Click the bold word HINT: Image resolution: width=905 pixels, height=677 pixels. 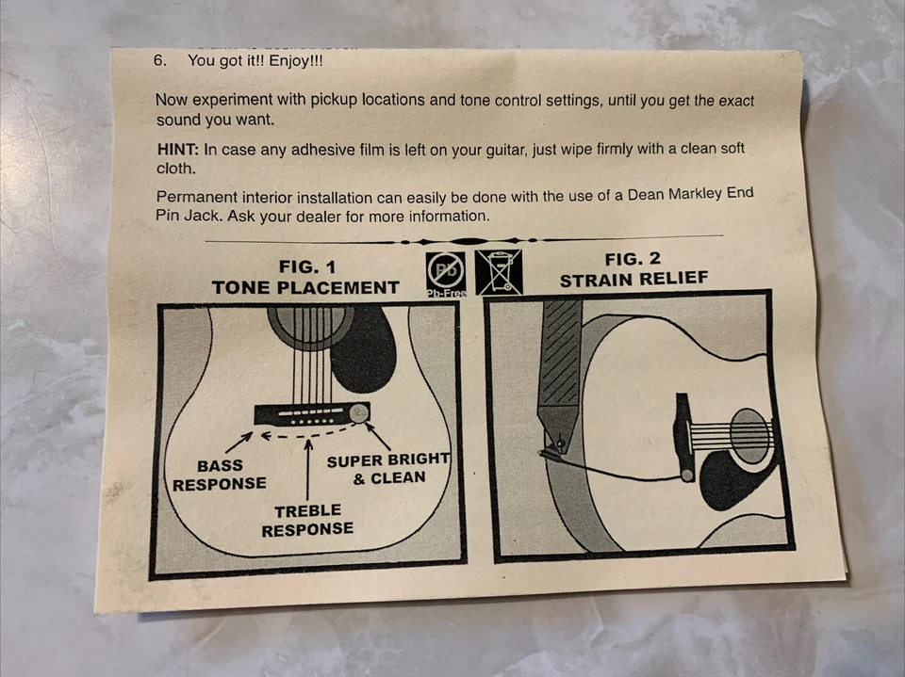(x=178, y=150)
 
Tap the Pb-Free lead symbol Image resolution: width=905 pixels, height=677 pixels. (x=446, y=274)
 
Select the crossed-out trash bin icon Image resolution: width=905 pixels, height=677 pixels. (x=499, y=272)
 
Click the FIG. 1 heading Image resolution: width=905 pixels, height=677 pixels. (x=306, y=267)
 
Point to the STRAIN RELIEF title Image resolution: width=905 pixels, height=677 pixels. (x=633, y=280)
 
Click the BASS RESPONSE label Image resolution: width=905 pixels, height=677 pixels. (x=220, y=475)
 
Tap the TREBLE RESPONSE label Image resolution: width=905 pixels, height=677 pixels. (x=307, y=520)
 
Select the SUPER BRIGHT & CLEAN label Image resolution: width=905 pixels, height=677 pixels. (x=387, y=469)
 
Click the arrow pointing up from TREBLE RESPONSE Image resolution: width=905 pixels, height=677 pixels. (x=308, y=470)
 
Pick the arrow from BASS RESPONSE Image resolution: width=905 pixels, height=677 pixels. (x=239, y=443)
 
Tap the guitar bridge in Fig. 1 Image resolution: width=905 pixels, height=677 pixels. (x=312, y=413)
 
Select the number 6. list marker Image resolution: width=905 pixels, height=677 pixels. (x=160, y=60)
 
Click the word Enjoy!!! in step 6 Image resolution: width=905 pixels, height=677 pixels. (x=296, y=61)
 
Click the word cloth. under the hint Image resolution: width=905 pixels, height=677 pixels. (x=176, y=169)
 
